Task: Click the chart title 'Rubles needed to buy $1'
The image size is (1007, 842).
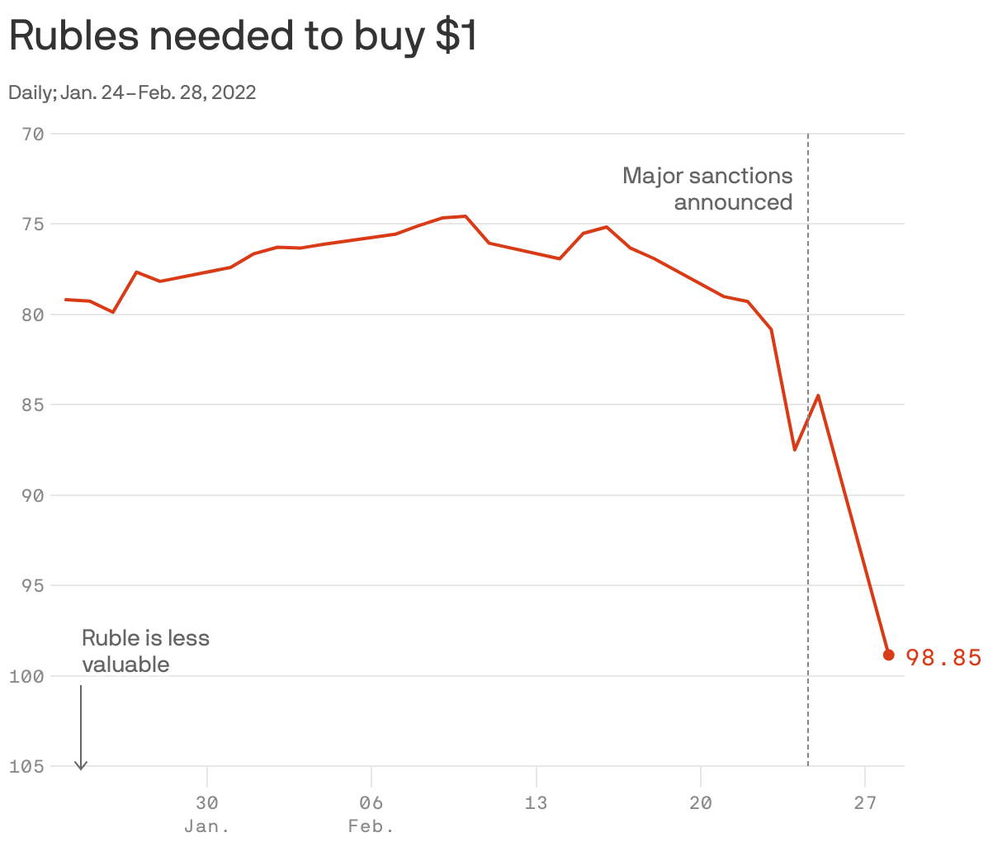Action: [x=243, y=36]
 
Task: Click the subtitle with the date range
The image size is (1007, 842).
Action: [x=132, y=92]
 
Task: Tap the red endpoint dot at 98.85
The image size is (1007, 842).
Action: [x=889, y=655]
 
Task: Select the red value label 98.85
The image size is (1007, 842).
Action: [x=943, y=657]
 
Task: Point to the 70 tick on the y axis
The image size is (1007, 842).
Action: [x=34, y=134]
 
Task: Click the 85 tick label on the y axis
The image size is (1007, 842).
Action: [x=34, y=404]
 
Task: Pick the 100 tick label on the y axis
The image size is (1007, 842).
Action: [x=29, y=676]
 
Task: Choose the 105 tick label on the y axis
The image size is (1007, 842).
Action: [x=29, y=766]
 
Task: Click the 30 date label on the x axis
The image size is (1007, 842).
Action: [x=207, y=802]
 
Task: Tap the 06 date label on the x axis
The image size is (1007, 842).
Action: [x=371, y=802]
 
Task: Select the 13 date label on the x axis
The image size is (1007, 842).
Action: [x=536, y=802]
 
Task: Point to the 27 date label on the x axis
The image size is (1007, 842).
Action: [x=864, y=802]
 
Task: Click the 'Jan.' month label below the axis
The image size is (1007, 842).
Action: [x=207, y=826]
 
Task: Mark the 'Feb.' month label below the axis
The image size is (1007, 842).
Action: [x=371, y=826]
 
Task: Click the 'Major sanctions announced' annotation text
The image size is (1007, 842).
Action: [x=708, y=188]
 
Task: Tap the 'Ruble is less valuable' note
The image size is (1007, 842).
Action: [x=145, y=650]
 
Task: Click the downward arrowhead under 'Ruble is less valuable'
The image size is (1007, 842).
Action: [x=81, y=765]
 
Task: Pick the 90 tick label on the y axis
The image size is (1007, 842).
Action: [x=34, y=495]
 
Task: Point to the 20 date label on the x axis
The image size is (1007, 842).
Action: [x=700, y=802]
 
